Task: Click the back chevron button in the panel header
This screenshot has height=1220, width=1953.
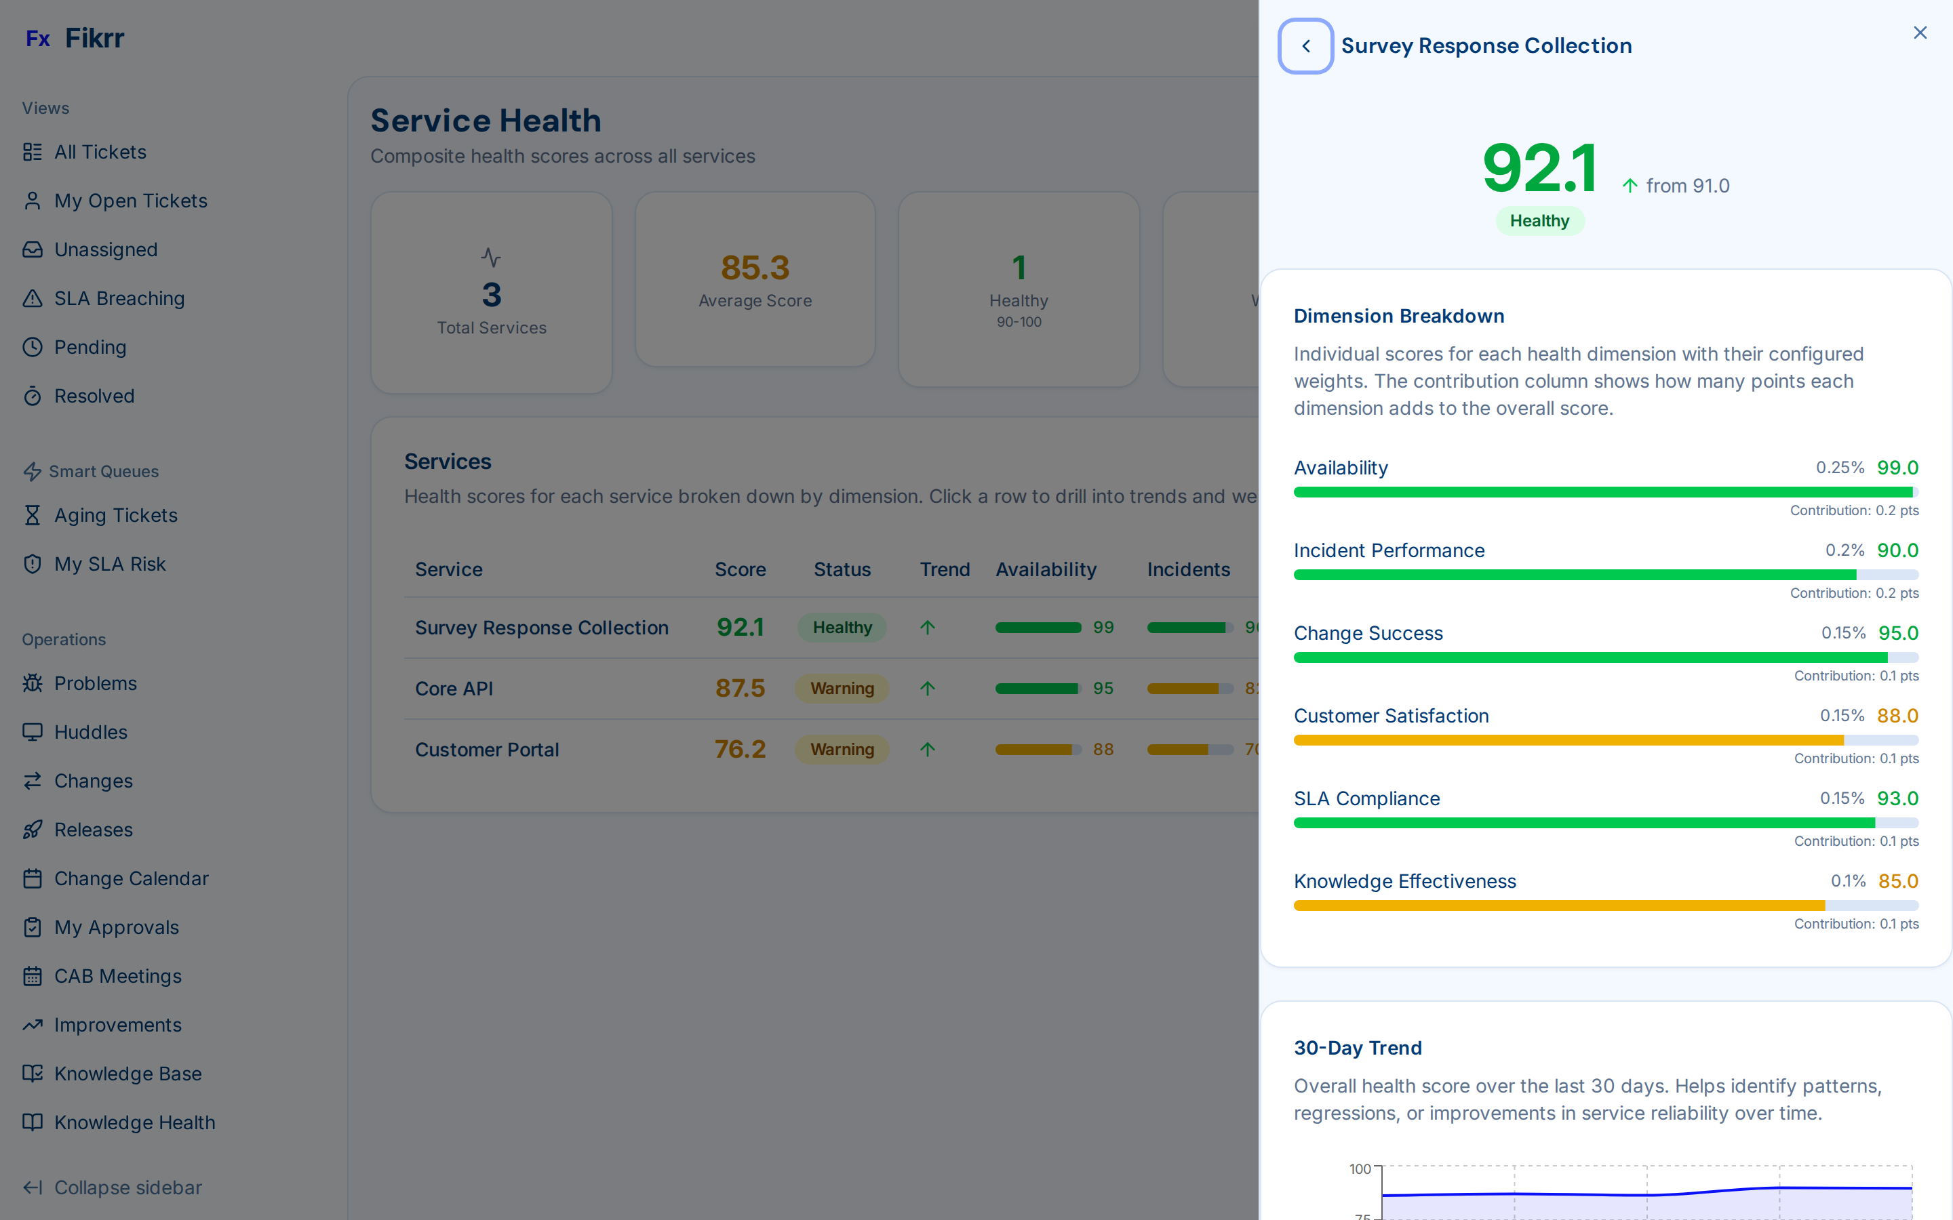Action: click(1305, 46)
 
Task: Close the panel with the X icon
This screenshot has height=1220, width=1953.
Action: click(1920, 33)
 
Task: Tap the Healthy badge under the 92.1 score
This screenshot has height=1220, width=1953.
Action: click(1539, 221)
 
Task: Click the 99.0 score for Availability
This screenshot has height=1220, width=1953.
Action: click(1897, 468)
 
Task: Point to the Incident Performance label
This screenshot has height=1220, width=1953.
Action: click(1388, 550)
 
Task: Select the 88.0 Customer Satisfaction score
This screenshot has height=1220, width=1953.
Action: click(1897, 716)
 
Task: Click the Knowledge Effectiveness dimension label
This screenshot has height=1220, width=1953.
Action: click(1404, 881)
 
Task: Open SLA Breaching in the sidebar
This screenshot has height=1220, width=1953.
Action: click(119, 298)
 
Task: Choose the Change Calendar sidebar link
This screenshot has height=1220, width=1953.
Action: click(131, 878)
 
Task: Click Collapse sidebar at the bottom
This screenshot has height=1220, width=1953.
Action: click(127, 1187)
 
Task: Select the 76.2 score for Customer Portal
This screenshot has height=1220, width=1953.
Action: click(739, 750)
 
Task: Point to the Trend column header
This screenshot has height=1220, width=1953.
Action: click(944, 569)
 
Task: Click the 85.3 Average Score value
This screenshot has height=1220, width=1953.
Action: click(755, 268)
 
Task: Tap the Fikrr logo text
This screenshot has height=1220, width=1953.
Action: click(94, 38)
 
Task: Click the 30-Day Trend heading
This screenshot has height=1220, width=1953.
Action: click(1358, 1048)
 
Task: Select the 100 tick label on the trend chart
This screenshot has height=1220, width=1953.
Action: click(1360, 1168)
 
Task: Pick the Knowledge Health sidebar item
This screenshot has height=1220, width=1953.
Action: click(134, 1122)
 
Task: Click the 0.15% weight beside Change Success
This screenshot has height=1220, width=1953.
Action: click(1843, 634)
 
